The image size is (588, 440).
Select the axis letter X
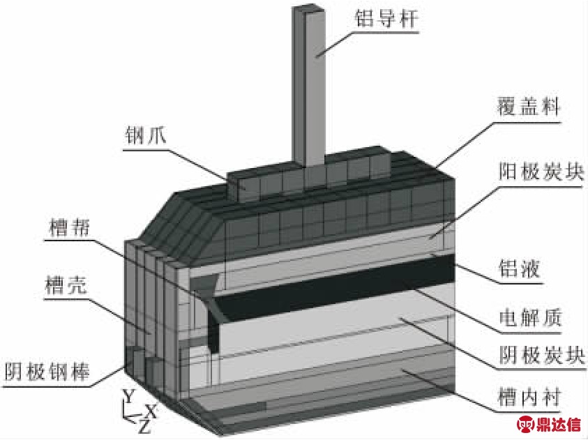(x=151, y=411)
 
